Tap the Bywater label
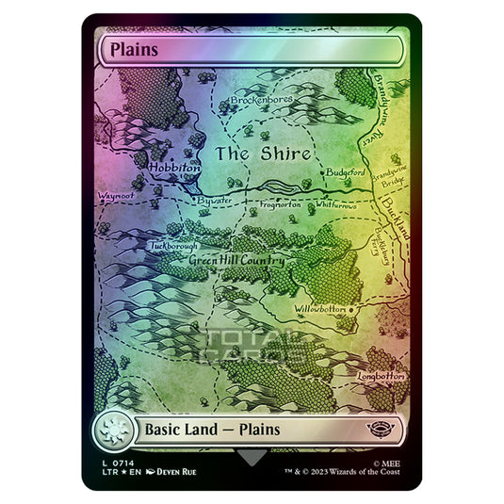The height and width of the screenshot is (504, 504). point(214,201)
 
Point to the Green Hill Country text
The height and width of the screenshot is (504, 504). point(235,261)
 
